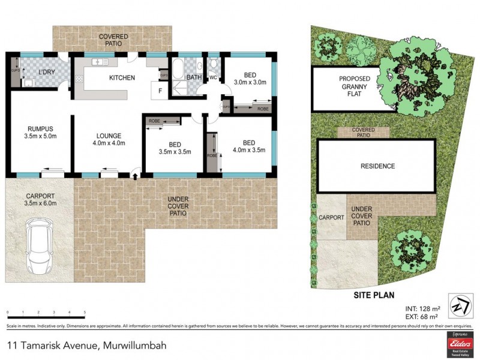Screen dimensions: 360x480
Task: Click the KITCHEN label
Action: point(121,77)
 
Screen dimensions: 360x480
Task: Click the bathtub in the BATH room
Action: point(178,67)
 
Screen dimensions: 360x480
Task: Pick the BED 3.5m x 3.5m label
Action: point(175,148)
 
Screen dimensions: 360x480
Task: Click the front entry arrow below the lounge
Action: point(134,175)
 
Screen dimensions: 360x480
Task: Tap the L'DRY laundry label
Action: point(47,73)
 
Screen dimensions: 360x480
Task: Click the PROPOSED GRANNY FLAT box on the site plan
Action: point(354,88)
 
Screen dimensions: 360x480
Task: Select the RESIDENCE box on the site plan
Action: point(377,166)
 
